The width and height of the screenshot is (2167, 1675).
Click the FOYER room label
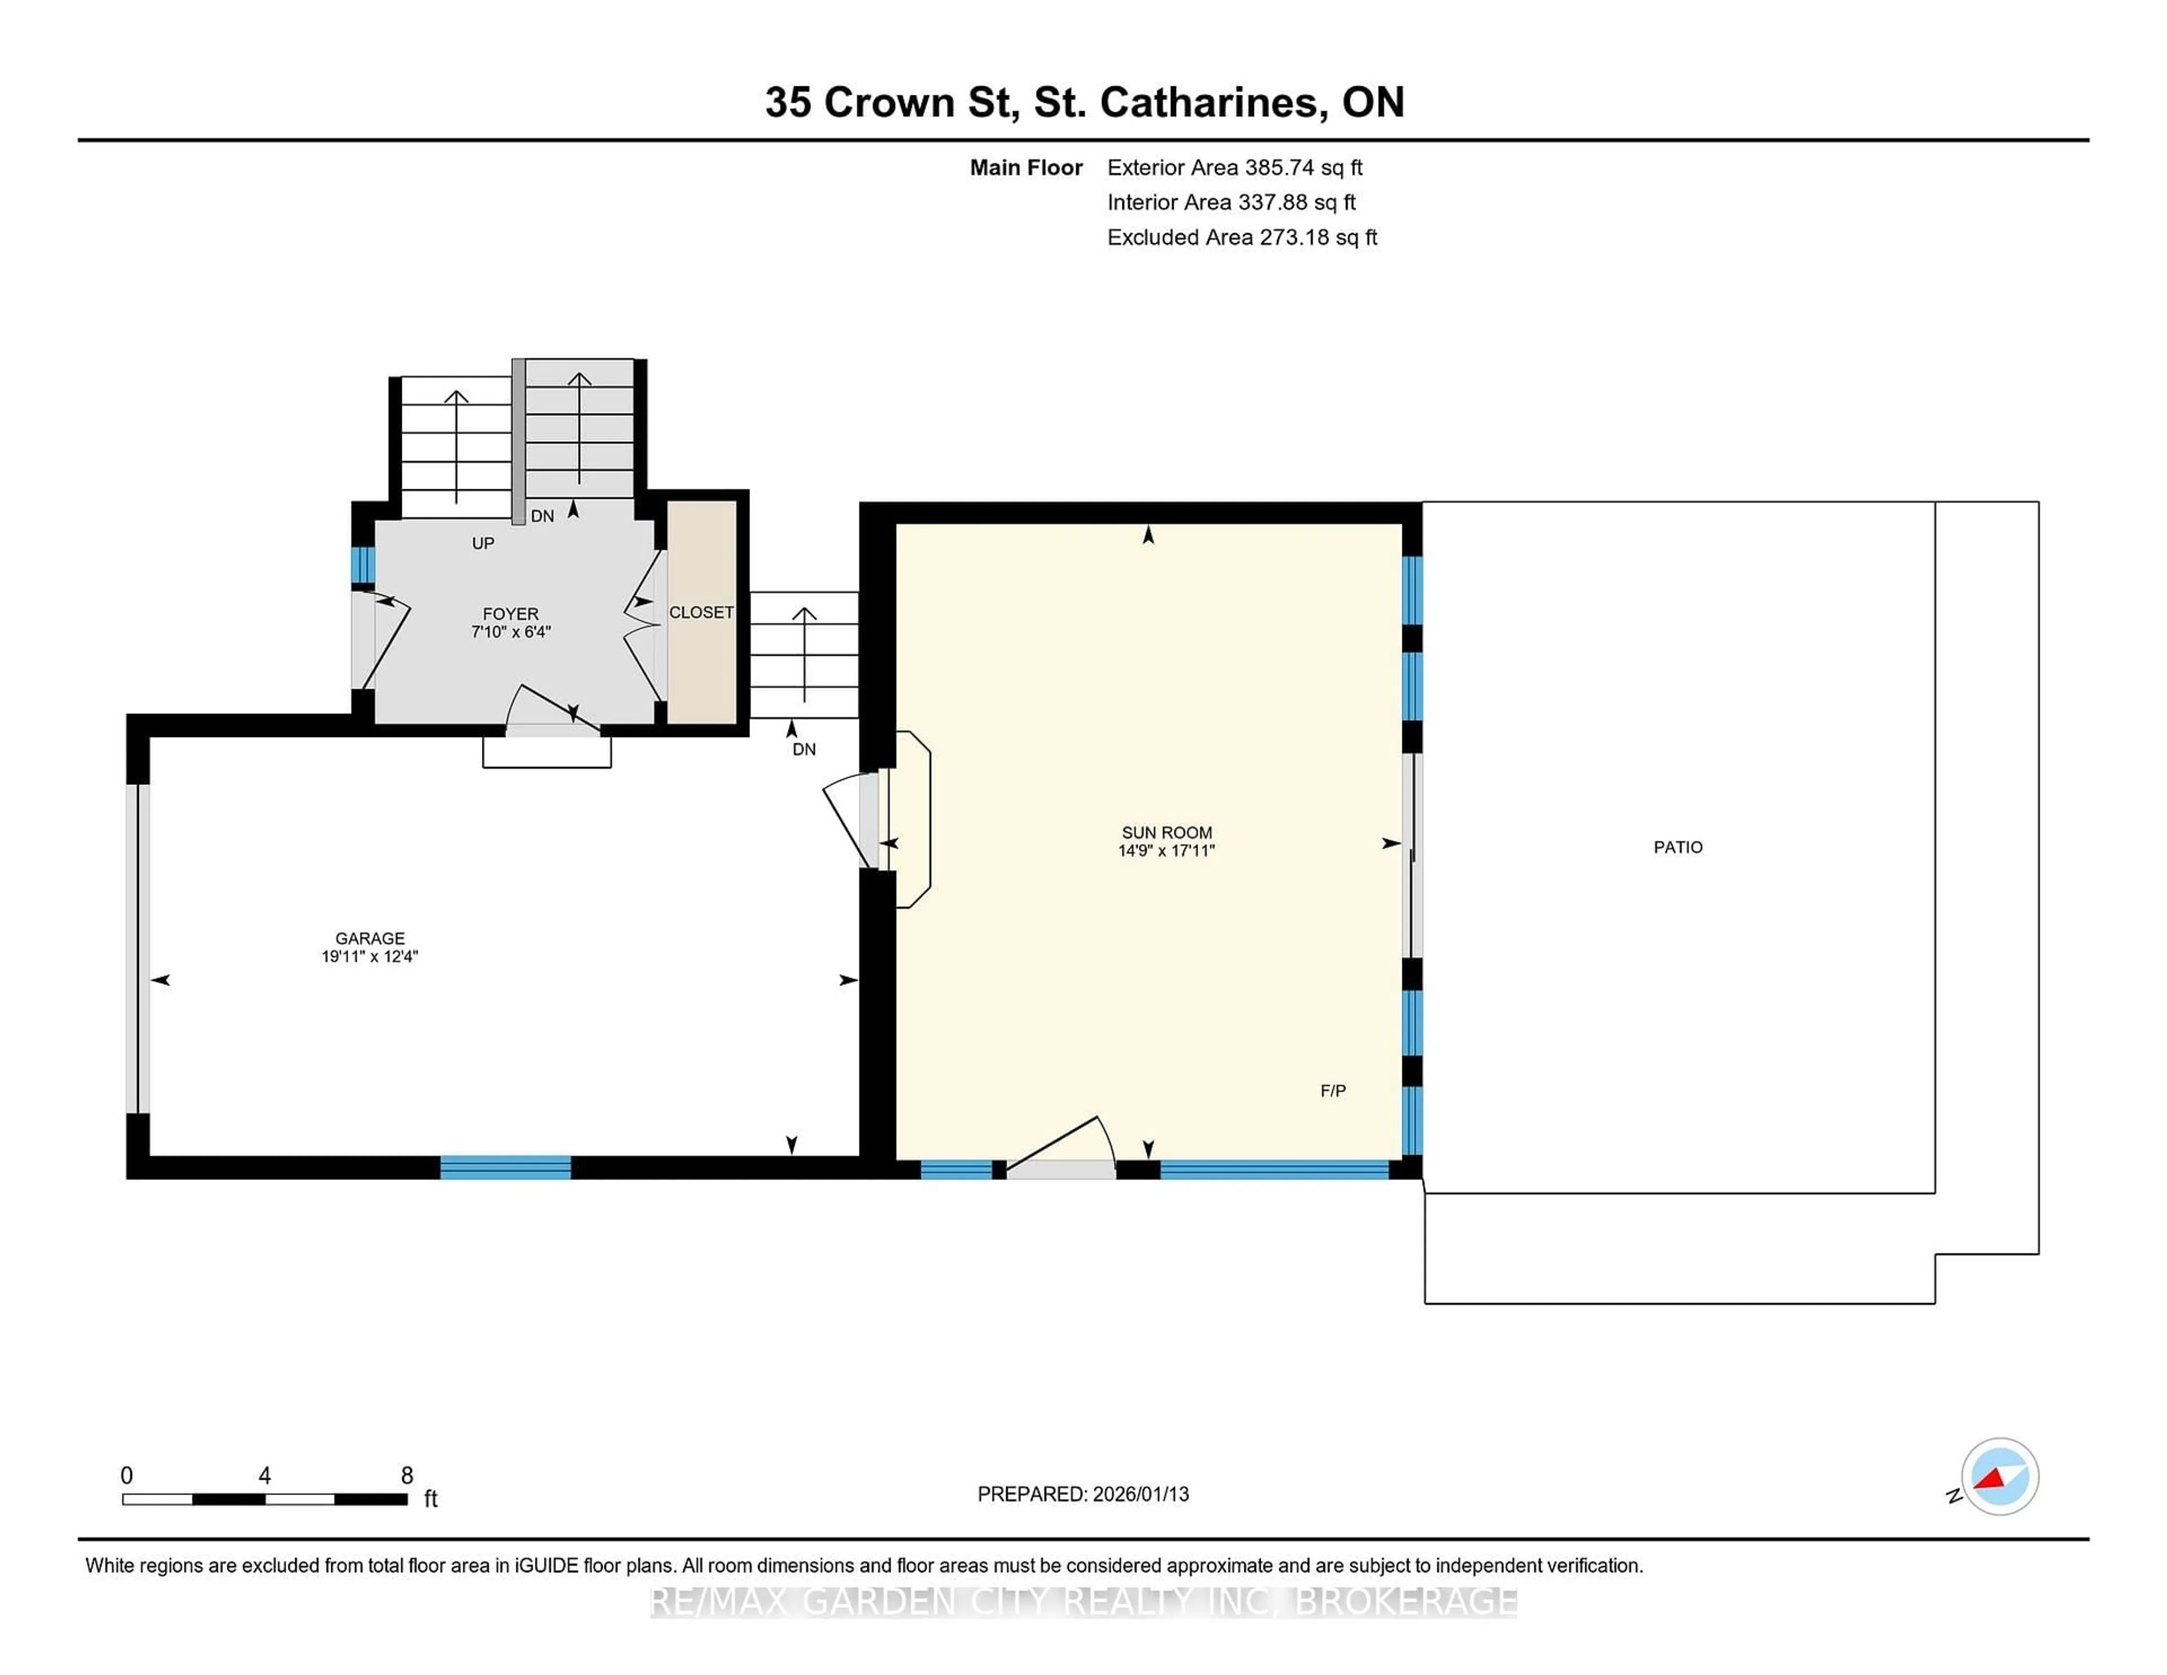coord(510,614)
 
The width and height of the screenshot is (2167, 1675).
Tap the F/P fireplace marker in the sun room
coord(1332,1090)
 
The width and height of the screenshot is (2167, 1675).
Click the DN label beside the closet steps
coord(804,749)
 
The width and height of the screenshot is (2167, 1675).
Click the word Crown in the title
coord(888,102)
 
